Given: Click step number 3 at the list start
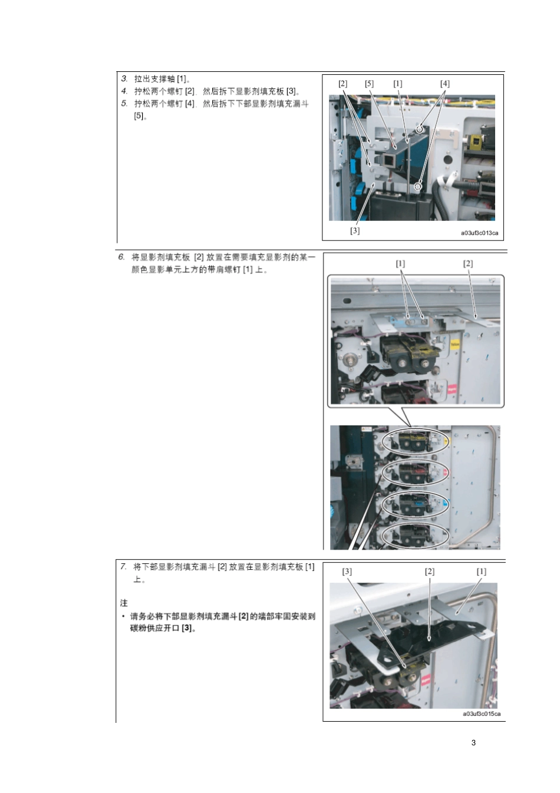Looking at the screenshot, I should point(124,78).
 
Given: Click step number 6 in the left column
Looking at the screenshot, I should point(121,257).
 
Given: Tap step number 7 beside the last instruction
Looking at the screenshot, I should point(123,566).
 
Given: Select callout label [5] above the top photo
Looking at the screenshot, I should point(369,84).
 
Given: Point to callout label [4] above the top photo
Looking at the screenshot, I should point(445,84).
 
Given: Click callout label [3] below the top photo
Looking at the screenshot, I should point(355,230).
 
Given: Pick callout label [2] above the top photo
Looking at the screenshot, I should point(343,84).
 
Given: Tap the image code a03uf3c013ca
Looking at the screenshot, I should point(479,233).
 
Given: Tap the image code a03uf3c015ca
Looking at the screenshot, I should point(482,713).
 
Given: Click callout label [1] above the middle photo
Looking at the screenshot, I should point(400,263).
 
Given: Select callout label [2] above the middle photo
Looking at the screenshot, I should point(468,263).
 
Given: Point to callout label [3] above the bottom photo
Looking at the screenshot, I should point(347,571).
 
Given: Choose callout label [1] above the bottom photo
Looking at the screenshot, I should point(482,571).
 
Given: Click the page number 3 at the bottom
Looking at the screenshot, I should point(473,742).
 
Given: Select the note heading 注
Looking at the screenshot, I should point(124,603).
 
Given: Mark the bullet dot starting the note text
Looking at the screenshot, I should point(123,616).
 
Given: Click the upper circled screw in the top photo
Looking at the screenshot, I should point(420,128).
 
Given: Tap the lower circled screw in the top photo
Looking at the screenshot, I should point(417,187).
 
